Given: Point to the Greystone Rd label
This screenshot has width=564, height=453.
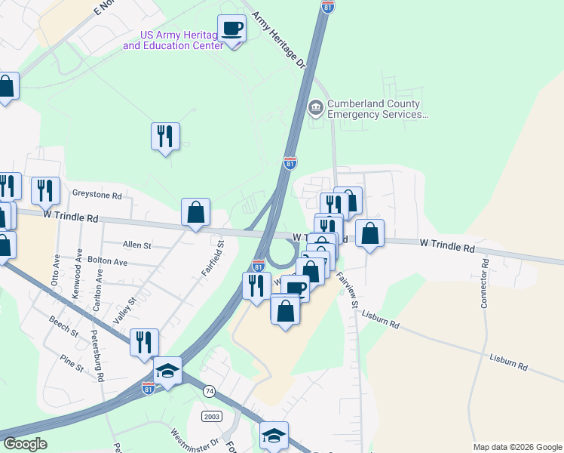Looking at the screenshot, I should [x=97, y=195].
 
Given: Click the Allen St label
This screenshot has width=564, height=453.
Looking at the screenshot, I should [x=137, y=245].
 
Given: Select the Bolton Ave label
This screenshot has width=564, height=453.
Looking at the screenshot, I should [x=106, y=261].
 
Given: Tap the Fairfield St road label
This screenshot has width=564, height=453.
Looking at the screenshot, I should [x=222, y=254].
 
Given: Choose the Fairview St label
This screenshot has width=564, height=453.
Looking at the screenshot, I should [x=348, y=289].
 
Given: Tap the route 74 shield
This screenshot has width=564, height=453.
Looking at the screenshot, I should [x=209, y=391].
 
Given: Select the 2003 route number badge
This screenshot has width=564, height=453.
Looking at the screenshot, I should [x=211, y=417].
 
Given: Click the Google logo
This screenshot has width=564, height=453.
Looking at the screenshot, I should [x=25, y=444].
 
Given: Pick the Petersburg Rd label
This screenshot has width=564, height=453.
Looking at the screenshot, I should [x=96, y=354].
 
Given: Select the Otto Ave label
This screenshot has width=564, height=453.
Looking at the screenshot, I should [x=55, y=277].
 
